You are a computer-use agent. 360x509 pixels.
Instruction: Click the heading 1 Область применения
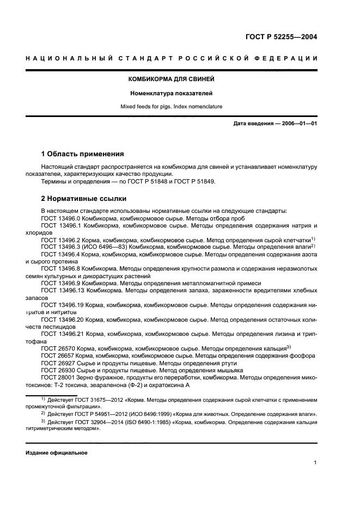[83, 154]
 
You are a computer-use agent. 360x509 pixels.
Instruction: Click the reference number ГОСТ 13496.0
[61, 218]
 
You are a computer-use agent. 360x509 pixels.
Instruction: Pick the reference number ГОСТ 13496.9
[61, 283]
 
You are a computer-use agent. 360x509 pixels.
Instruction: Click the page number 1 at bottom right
[315, 463]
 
